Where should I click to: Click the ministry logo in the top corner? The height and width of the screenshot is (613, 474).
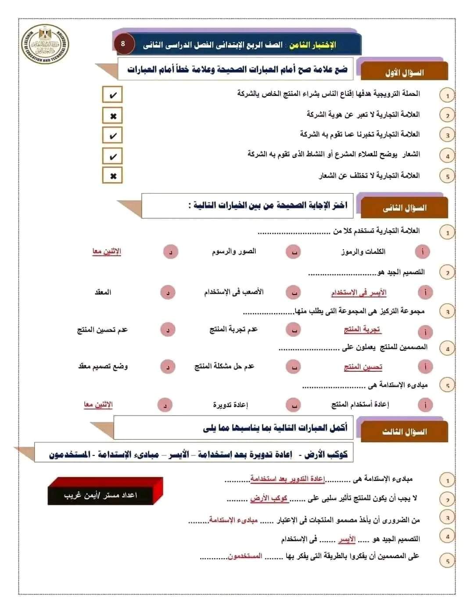pos(45,45)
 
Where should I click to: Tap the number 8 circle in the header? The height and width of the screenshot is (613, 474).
pos(123,44)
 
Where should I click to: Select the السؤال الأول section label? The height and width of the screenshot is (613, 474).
pos(404,72)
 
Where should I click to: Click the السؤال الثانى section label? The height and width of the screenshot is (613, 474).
pos(404,208)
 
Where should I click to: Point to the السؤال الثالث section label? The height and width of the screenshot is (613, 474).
pos(404,432)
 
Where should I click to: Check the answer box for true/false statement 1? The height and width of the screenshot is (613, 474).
pos(112,95)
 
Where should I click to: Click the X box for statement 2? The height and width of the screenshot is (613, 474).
pos(112,116)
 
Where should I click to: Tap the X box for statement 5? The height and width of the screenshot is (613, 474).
pos(112,176)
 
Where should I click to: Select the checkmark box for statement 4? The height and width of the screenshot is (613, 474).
pos(112,156)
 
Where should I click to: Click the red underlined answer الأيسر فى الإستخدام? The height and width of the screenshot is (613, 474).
pos(359,293)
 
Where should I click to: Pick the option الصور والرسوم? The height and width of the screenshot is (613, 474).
pos(234,251)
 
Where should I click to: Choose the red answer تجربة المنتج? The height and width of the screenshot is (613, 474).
pos(362,330)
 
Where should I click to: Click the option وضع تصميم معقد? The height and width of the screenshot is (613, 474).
pos(103,366)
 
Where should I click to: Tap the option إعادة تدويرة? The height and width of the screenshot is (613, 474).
pos(230,405)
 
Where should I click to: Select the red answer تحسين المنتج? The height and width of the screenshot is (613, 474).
pos(363,367)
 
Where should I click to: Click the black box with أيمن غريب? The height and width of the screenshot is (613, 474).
pos(101,495)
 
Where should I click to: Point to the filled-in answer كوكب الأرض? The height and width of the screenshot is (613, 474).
pos(269,498)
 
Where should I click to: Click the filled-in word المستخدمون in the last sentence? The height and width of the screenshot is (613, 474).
pos(245,556)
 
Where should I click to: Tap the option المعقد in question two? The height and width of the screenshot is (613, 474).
pos(103,292)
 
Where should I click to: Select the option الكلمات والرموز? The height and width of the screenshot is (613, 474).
pos(363,251)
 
